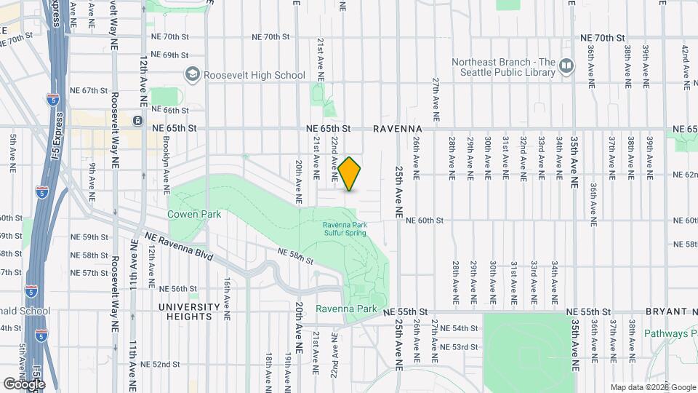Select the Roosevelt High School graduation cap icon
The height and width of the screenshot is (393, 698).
tap(193, 74)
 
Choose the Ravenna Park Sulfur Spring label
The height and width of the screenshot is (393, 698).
tap(345, 229)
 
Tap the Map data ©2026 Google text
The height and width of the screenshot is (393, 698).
tap(653, 387)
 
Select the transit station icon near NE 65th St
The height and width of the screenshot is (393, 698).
tap(137, 119)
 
